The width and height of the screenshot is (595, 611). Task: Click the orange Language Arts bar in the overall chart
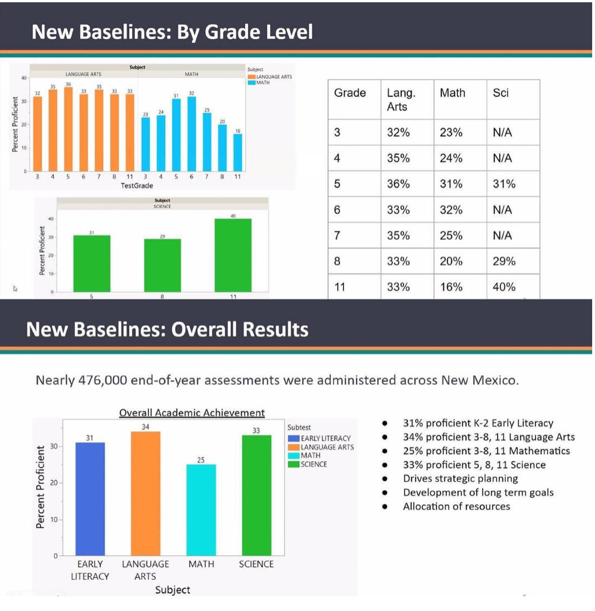[x=145, y=493]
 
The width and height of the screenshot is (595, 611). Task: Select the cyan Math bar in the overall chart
[x=201, y=510]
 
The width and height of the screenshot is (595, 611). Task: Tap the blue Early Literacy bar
[x=90, y=499]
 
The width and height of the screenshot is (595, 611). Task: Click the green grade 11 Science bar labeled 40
[x=233, y=255]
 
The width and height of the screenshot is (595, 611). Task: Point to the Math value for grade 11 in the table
[x=451, y=287]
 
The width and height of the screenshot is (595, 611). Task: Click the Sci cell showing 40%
[x=504, y=287]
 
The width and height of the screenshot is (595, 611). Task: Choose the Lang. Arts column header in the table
[x=401, y=99]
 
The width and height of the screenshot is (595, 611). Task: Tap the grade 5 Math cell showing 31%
[x=451, y=184]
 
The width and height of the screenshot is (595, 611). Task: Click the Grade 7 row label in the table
[x=337, y=235]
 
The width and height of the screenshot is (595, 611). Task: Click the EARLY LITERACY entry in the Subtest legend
[x=325, y=438]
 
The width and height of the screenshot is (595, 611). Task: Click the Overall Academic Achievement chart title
[x=192, y=413]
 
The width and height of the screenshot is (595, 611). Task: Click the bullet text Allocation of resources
[x=456, y=506]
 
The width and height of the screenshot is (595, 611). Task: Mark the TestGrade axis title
[x=137, y=185]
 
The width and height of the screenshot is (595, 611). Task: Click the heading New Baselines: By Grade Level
[x=172, y=32]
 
